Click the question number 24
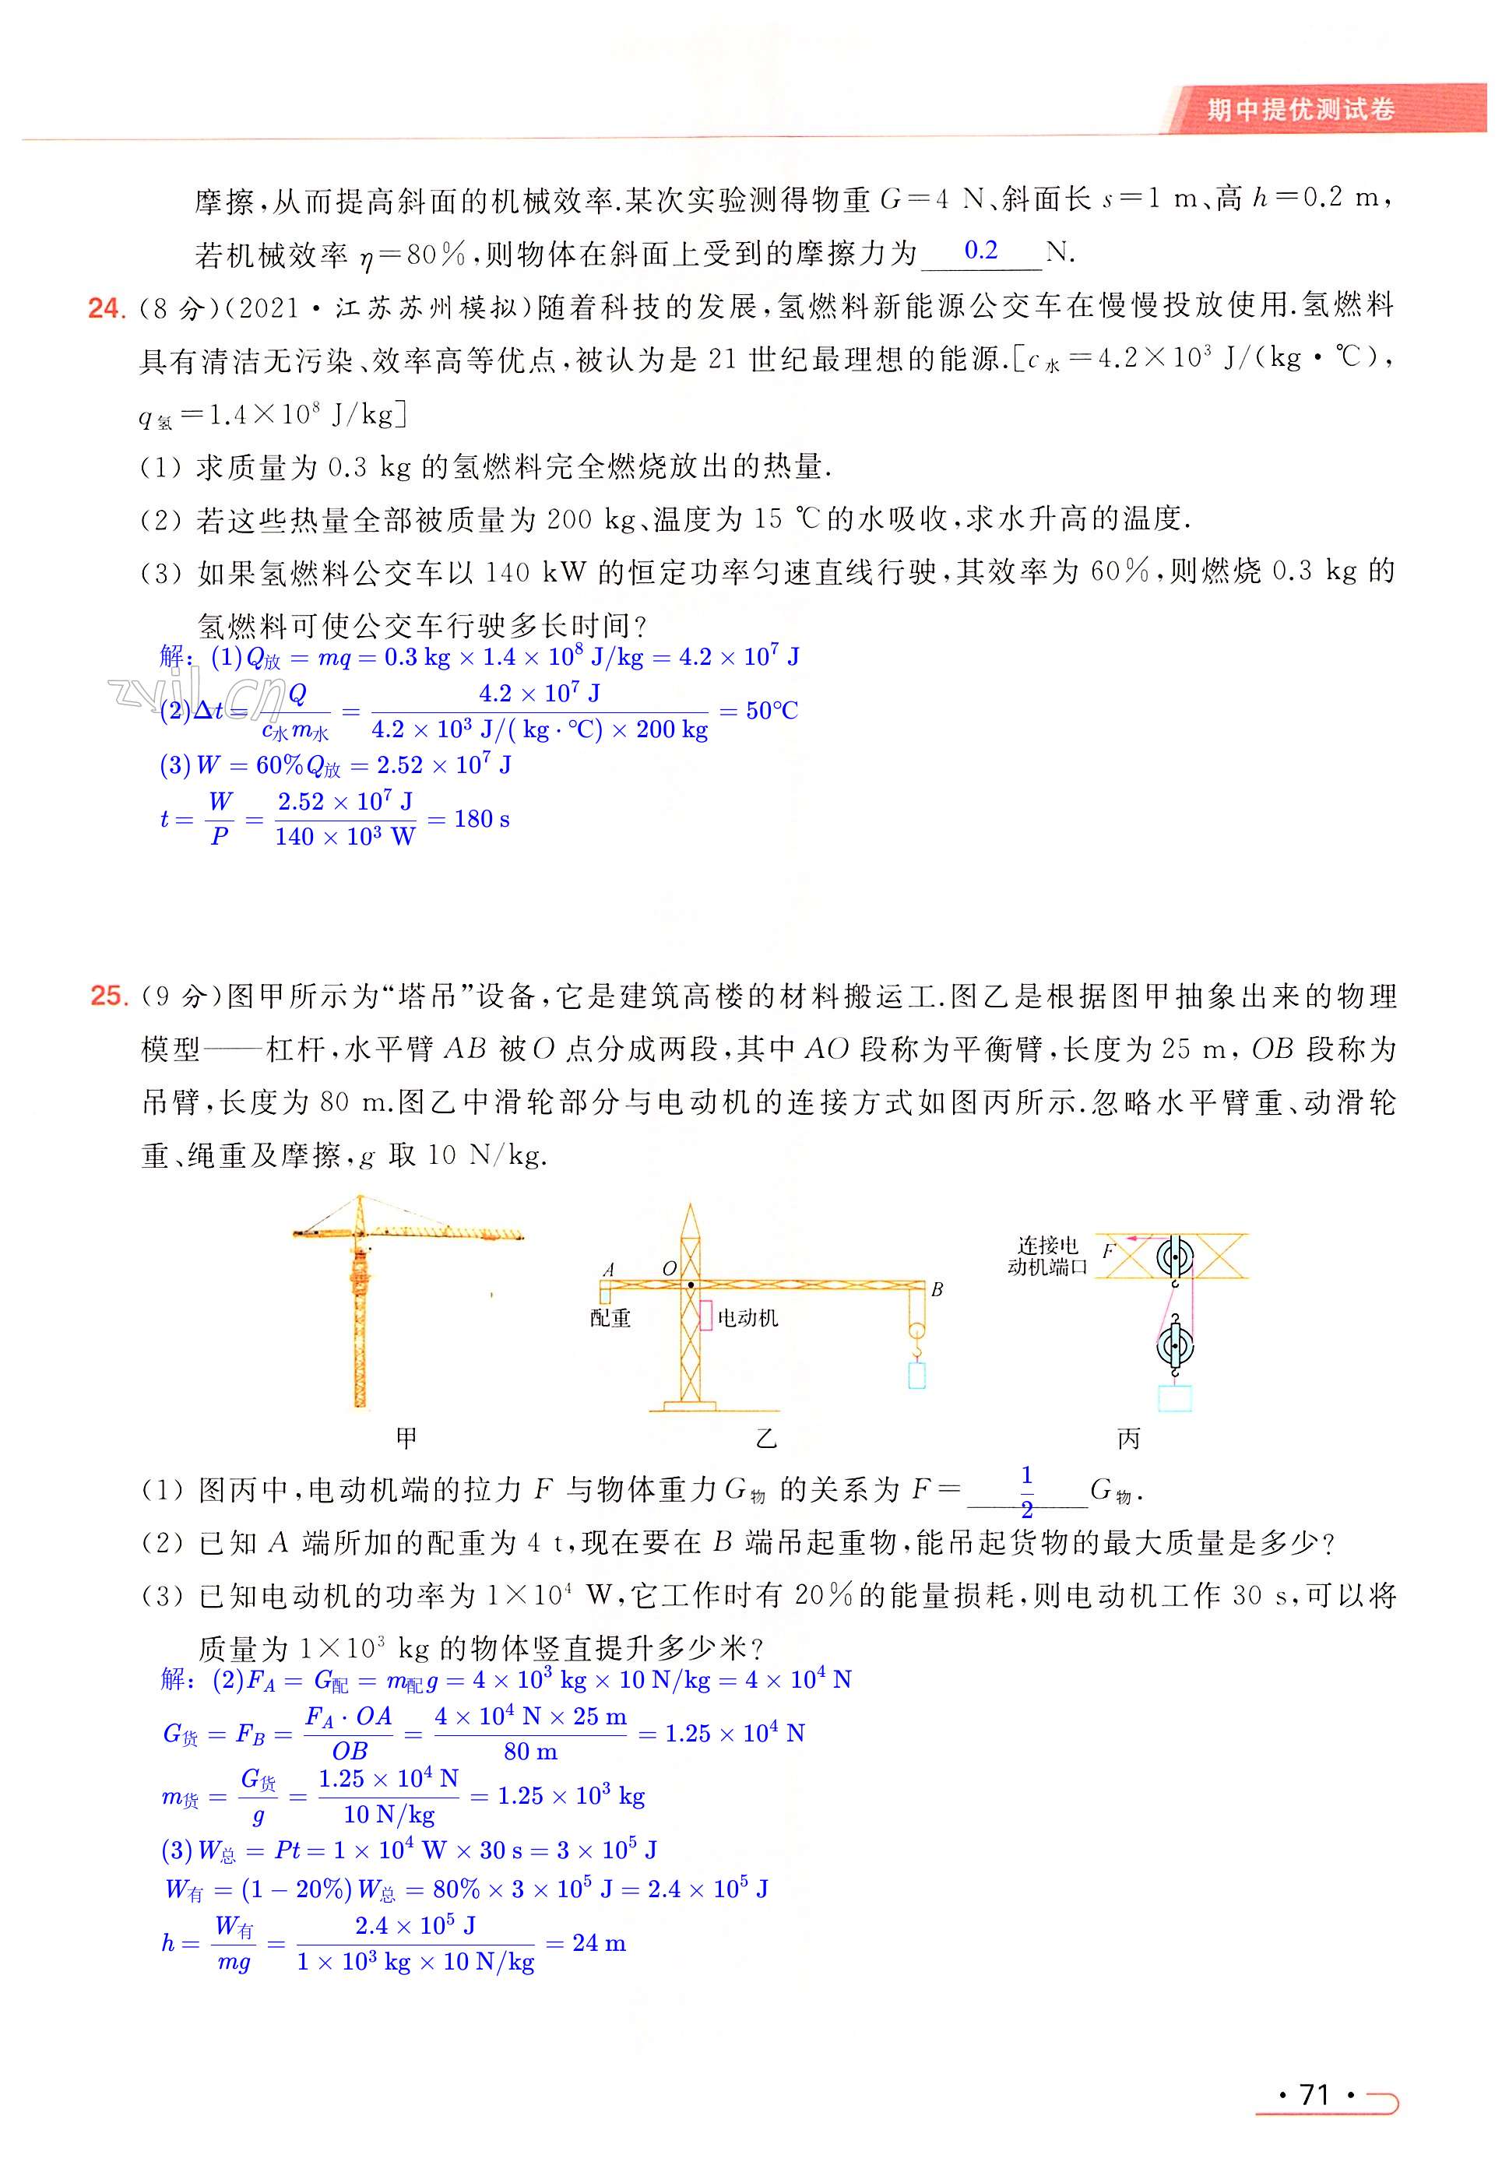click(106, 308)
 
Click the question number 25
click(108, 995)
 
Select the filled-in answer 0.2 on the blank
click(981, 250)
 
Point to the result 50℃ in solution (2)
click(772, 711)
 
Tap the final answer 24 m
click(599, 1942)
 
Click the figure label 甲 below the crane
click(406, 1439)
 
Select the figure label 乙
click(766, 1439)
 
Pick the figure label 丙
click(1128, 1439)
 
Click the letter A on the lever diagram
click(608, 1269)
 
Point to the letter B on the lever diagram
click(937, 1289)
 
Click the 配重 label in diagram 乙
click(610, 1318)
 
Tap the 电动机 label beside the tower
click(748, 1318)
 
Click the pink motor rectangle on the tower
click(705, 1316)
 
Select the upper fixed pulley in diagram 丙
click(1175, 1257)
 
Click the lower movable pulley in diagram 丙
click(1175, 1345)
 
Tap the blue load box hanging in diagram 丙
click(1175, 1397)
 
